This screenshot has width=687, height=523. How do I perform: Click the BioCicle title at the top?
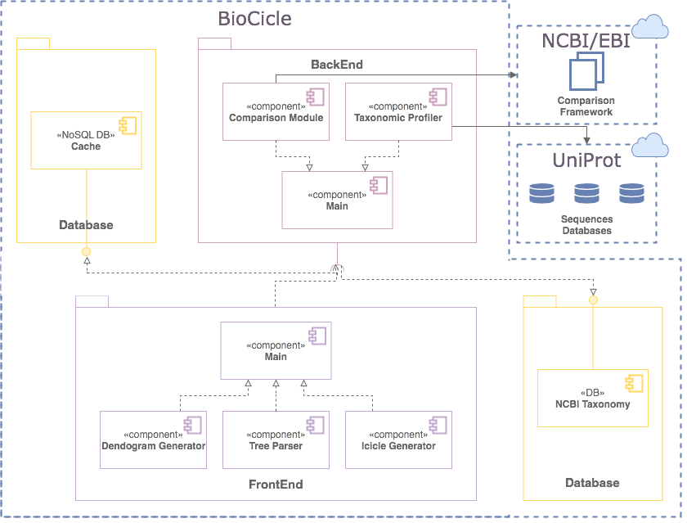[x=254, y=18]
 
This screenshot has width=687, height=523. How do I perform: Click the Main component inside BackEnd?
[x=337, y=200]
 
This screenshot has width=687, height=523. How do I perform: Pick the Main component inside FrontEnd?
[x=276, y=350]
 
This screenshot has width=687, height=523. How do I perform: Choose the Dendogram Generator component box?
[x=153, y=440]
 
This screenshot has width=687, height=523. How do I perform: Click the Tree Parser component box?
[x=276, y=440]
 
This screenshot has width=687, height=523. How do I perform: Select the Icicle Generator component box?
[x=398, y=440]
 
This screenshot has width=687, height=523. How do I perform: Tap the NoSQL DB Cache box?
[x=86, y=140]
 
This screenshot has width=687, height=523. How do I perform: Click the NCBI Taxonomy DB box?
[x=592, y=398]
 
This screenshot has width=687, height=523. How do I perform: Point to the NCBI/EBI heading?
[x=586, y=40]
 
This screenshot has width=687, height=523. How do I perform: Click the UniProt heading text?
[x=586, y=160]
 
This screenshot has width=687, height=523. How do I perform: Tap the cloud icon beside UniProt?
[x=650, y=145]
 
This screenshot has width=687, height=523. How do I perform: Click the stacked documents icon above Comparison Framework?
[x=586, y=72]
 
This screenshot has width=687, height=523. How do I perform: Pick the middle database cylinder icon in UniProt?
[x=586, y=194]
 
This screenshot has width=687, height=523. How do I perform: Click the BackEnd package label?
[x=337, y=64]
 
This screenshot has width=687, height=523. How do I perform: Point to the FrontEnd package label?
[x=276, y=485]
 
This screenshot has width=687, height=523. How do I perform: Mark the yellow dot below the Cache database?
[x=86, y=251]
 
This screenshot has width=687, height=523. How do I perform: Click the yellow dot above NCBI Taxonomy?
[x=594, y=300]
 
